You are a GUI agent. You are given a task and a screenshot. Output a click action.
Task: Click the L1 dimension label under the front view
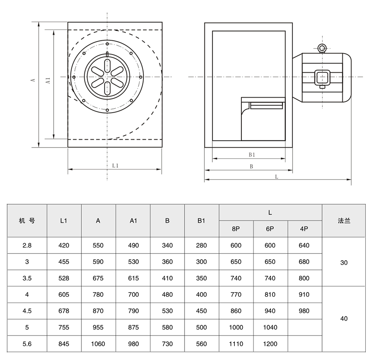tap(116, 165)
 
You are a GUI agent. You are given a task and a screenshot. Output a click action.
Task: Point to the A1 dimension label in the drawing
tap(48, 80)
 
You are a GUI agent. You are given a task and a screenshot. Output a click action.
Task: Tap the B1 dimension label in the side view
tap(251, 155)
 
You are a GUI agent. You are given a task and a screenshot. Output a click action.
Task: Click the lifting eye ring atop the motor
tap(322, 49)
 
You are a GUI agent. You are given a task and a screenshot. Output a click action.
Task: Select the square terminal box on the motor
tap(322, 77)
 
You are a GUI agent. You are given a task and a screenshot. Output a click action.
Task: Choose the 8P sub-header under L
tap(236, 229)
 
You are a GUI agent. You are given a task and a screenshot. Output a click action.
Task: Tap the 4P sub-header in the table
tap(304, 229)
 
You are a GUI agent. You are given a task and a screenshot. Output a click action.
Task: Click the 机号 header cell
tap(27, 221)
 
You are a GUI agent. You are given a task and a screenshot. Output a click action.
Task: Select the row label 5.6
tap(27, 344)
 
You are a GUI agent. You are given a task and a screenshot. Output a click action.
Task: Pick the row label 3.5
tap(27, 278)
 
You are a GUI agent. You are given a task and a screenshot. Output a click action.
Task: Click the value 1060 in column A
tap(98, 344)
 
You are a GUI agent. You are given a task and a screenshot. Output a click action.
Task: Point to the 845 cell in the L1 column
tap(64, 344)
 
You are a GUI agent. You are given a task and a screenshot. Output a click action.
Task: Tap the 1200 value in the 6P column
tap(270, 344)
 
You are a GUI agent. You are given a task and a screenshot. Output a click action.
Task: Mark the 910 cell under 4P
tap(304, 295)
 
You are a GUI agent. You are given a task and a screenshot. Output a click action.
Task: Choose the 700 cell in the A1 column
tap(133, 295)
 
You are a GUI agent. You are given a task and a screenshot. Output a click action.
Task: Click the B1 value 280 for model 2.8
tap(201, 245)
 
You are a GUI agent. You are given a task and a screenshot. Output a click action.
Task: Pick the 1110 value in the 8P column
tap(236, 344)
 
